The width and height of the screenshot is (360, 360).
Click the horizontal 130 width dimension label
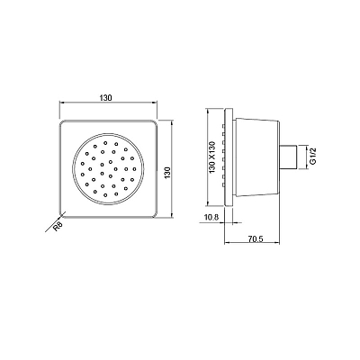pos(106,97)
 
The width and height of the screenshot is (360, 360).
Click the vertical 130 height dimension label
pos(167,173)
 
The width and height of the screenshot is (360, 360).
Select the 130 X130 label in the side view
pos(212,157)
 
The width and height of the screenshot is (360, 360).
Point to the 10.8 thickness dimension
pos(211,217)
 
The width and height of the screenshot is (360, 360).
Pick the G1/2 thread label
pos(313,157)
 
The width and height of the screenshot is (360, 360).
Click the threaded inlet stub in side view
pos(288,157)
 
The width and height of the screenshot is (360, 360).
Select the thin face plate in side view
pos(229,157)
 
